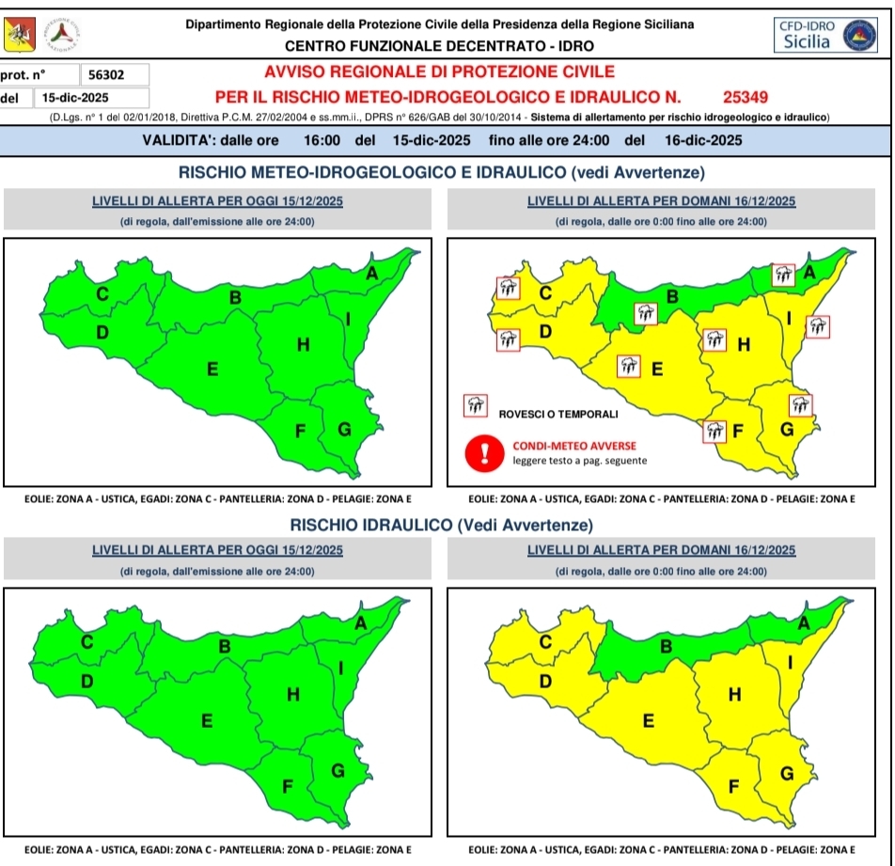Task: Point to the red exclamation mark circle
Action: pyautogui.click(x=485, y=453)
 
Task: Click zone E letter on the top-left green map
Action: pyautogui.click(x=212, y=370)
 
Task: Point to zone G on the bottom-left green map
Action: pyautogui.click(x=338, y=770)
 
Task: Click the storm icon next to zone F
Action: pyautogui.click(x=715, y=432)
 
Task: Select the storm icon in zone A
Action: pyautogui.click(x=783, y=275)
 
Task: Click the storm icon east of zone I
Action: pyautogui.click(x=818, y=327)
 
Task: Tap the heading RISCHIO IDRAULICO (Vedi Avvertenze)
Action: pyautogui.click(x=441, y=524)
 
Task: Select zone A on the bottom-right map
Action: pyautogui.click(x=804, y=622)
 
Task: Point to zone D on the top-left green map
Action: pyautogui.click(x=102, y=332)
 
